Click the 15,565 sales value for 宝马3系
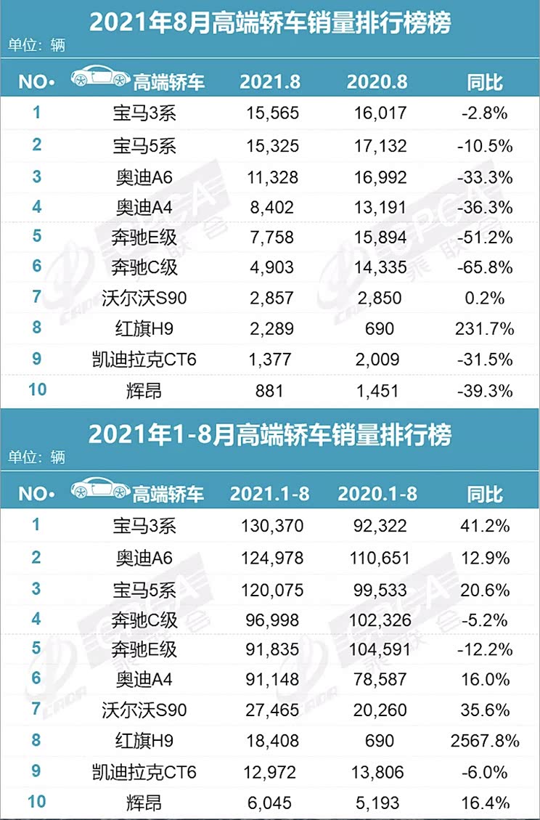[269, 113]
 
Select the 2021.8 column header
[270, 81]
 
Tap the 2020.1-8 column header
[377, 494]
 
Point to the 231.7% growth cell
[486, 329]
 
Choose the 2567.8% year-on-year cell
[485, 741]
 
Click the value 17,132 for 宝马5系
[377, 146]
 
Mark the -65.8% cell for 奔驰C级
[486, 268]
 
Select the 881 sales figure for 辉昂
[269, 391]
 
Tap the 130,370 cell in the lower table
[269, 525]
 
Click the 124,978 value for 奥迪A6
[269, 558]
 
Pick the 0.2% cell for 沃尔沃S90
[486, 299]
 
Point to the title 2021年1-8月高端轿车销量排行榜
[270, 435]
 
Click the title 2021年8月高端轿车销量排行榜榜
[270, 23]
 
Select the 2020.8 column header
[377, 81]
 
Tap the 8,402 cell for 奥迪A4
[269, 207]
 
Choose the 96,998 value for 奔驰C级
[269, 620]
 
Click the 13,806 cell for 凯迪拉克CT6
[377, 771]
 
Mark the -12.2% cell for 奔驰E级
[486, 649]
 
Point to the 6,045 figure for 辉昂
[269, 802]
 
